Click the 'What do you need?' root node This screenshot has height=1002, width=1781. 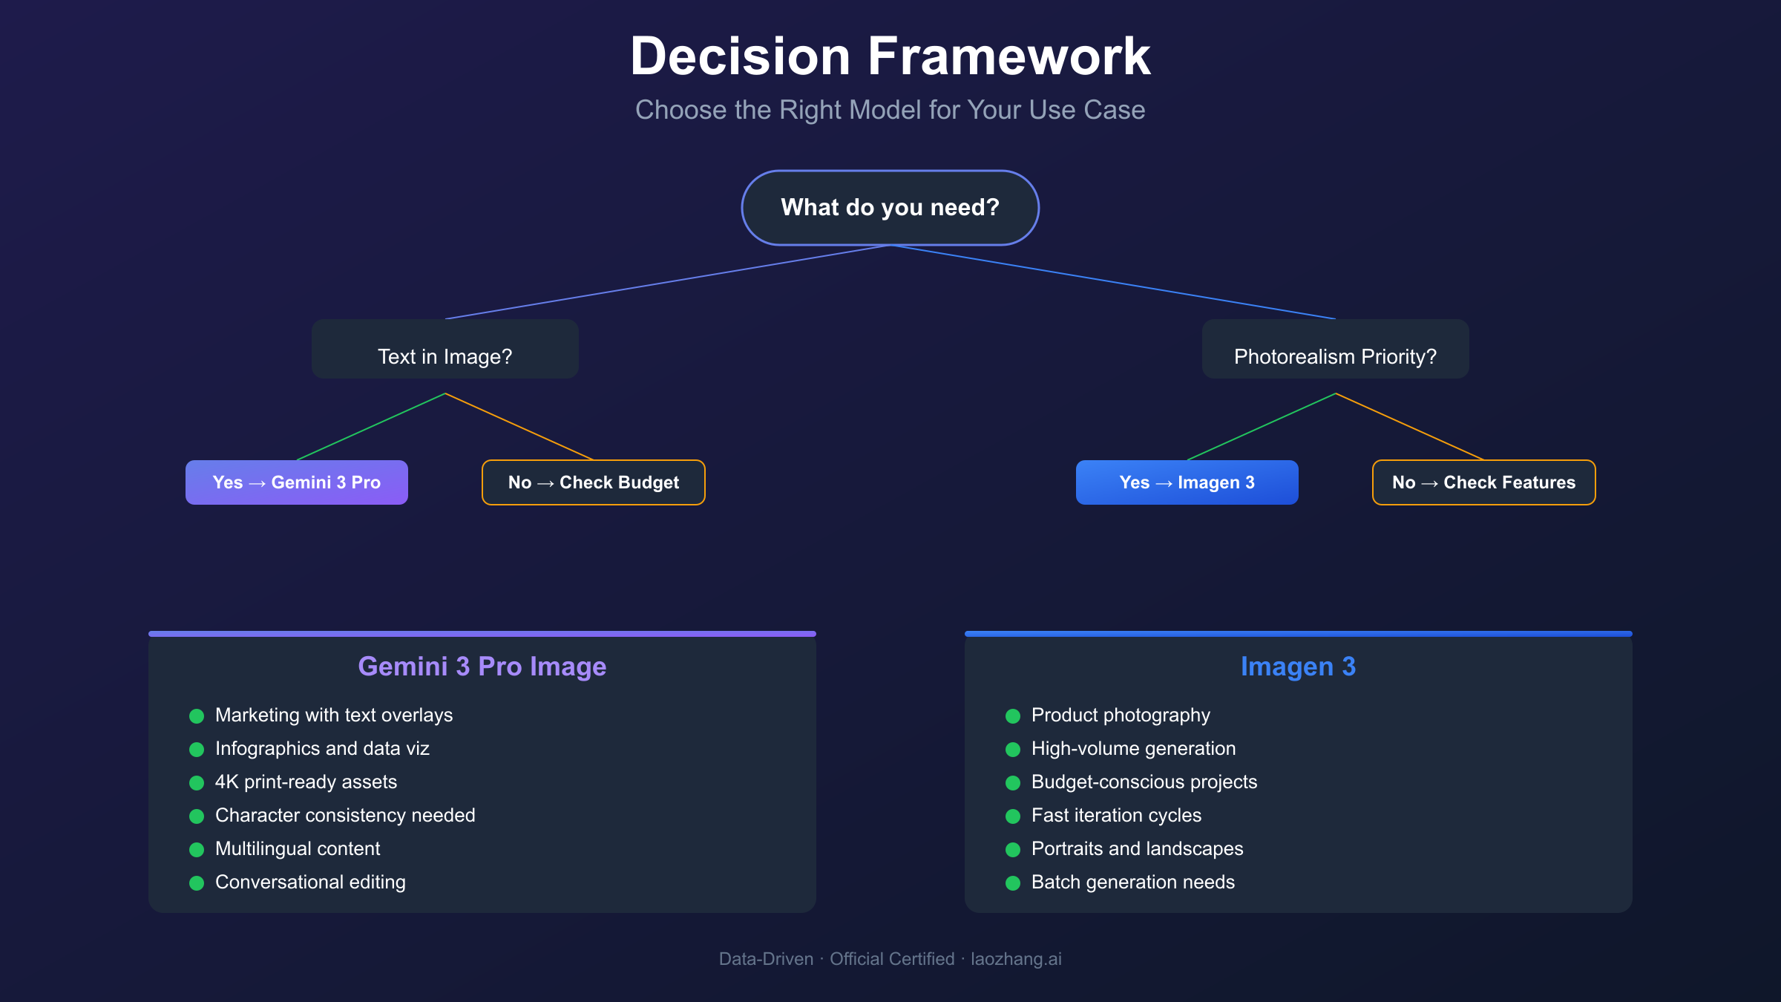click(890, 208)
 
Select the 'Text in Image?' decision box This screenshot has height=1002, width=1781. click(445, 350)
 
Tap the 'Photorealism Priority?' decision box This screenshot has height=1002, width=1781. click(1335, 350)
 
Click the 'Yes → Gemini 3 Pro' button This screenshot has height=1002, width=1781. click(296, 482)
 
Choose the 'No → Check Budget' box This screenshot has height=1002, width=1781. click(593, 482)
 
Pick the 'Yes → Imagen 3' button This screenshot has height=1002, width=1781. click(1187, 482)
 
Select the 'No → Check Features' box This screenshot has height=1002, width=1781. click(1483, 482)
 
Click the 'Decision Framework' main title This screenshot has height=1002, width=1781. click(890, 56)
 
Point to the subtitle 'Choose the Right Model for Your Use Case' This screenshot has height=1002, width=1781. click(890, 110)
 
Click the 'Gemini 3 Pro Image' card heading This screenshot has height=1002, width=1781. click(482, 667)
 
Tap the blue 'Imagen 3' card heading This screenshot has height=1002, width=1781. click(1298, 667)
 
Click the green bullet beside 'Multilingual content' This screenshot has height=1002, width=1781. click(197, 850)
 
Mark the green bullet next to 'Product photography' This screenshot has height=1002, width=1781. click(1013, 716)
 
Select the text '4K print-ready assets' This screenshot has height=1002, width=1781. click(306, 782)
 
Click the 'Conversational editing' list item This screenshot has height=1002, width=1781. click(310, 883)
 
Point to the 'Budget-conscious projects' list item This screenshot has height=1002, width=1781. click(1144, 782)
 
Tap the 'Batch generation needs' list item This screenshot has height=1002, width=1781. click(1132, 883)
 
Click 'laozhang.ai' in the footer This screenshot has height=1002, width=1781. click(1016, 959)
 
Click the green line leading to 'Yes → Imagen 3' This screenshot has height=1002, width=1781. click(1262, 427)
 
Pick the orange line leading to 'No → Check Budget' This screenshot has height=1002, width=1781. click(519, 427)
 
